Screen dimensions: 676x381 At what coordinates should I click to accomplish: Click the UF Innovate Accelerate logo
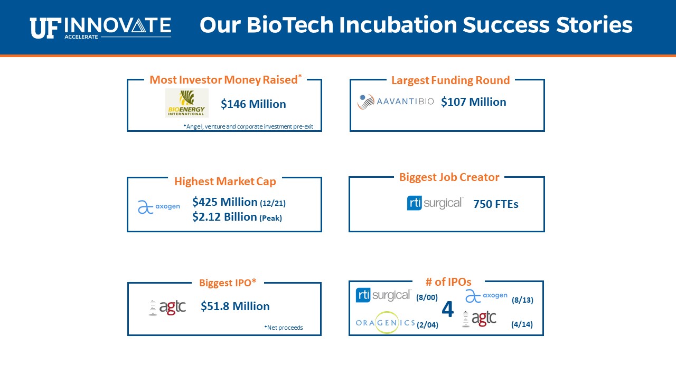pos(100,28)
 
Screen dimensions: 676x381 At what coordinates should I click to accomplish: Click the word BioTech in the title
pos(290,24)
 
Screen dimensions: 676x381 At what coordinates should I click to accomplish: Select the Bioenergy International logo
pos(187,103)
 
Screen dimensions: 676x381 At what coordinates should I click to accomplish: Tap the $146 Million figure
pos(253,104)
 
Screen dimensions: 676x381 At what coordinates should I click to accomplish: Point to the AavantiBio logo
pos(396,102)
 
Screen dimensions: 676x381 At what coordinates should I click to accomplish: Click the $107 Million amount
pos(474,102)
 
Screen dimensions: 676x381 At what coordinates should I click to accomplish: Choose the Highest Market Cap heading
pos(225,182)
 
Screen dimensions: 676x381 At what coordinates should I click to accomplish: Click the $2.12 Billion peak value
pos(224,217)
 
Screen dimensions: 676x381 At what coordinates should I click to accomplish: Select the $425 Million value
pos(225,202)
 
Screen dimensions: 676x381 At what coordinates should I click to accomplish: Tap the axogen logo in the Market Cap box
pos(159,207)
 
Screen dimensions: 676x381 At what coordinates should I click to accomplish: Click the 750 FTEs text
pos(496,204)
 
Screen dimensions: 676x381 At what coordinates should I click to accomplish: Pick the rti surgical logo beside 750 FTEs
pos(435,203)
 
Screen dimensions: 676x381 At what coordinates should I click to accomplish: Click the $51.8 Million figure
pos(235,306)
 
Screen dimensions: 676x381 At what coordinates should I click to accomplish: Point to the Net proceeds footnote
pos(284,328)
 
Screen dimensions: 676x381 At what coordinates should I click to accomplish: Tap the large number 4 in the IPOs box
pos(447,310)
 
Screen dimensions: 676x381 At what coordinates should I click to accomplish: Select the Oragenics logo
pos(386,323)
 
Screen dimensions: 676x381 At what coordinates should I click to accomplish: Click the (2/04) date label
pos(427,325)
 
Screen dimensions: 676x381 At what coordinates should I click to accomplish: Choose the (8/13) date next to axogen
pos(522,300)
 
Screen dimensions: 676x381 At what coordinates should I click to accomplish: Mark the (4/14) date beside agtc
pos(522,324)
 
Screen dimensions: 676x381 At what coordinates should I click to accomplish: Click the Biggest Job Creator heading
pos(449,177)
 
